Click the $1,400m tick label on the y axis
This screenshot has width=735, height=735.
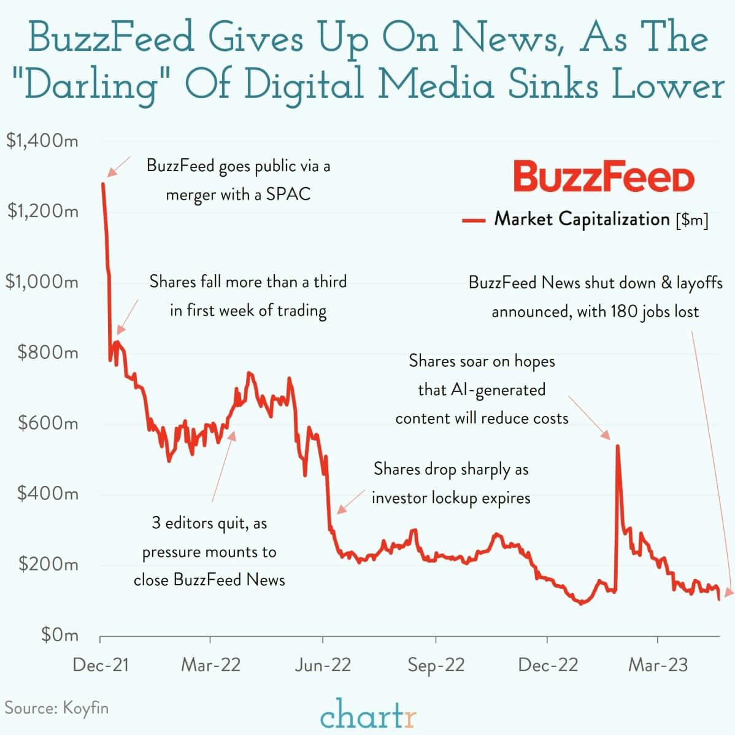click(x=42, y=140)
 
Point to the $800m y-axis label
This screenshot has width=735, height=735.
click(x=48, y=352)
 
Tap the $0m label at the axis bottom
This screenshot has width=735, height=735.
click(x=60, y=634)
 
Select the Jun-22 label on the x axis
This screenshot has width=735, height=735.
click(x=323, y=665)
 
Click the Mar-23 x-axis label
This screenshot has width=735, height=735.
click(x=658, y=665)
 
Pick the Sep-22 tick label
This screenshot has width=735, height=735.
click(x=436, y=665)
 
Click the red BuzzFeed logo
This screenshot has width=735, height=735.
click(x=604, y=177)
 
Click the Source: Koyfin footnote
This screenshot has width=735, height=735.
click(x=56, y=708)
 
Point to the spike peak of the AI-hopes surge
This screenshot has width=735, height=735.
click(x=617, y=446)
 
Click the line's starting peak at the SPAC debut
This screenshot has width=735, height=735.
click(x=102, y=183)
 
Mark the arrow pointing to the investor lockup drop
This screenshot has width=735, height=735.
click(x=350, y=501)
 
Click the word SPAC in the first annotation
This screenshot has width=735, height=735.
click(x=288, y=194)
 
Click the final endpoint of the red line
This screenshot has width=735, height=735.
click(x=719, y=599)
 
